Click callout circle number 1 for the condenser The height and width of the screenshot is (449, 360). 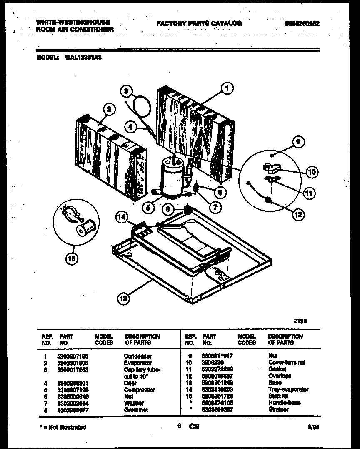pos(227,88)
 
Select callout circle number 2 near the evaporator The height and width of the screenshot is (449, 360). pos(109,109)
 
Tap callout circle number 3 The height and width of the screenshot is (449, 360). pos(128,91)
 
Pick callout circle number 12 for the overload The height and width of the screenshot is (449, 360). pos(298,215)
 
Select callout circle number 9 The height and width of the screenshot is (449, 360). pos(298,142)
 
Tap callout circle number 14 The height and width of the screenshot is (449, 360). pos(121,217)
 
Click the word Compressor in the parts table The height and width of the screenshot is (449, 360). pos(139,390)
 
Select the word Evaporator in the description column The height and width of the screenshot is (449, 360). pos(138,363)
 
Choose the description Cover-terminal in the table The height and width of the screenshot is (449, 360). pos(287,363)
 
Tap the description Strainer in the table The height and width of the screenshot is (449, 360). pos(279,409)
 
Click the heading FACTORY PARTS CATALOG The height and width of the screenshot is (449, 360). pos(199,24)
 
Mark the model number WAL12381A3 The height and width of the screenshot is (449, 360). pos(83,59)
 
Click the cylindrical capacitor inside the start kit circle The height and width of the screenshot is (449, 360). pos(87,228)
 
